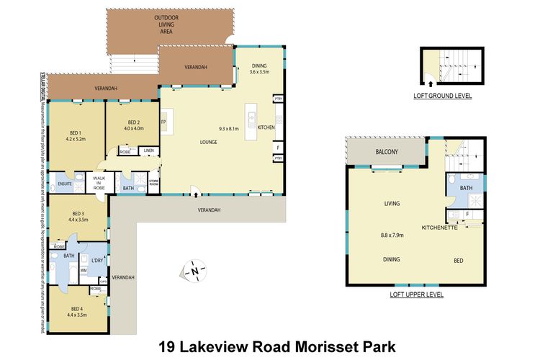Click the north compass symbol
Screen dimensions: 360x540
click(x=194, y=271)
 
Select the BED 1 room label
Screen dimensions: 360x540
click(x=76, y=132)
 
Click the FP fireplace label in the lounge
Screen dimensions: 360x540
click(x=163, y=122)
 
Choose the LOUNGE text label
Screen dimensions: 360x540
click(x=209, y=142)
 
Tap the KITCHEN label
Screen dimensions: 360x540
click(x=266, y=127)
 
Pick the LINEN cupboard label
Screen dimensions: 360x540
click(x=148, y=150)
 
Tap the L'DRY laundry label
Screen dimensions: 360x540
click(x=96, y=259)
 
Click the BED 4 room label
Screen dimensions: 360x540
click(x=76, y=308)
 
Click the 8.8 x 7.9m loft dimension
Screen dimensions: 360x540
click(x=392, y=234)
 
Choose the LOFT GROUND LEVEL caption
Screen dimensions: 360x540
click(x=443, y=96)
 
